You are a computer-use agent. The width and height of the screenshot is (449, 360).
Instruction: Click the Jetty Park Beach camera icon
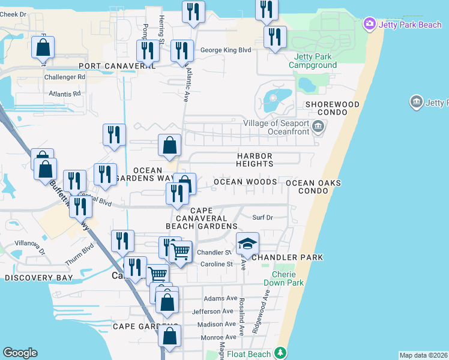369,25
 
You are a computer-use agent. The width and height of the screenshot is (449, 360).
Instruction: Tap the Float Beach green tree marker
279,353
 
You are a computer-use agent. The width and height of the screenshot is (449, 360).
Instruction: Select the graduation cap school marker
247,244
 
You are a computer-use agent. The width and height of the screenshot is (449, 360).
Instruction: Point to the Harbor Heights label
255,160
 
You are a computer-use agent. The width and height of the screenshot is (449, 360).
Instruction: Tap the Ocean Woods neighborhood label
245,182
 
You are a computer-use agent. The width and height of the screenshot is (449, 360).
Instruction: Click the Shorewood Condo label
332,108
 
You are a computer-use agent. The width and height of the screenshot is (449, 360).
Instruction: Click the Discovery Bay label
38,278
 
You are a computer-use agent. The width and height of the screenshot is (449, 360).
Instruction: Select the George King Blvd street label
225,50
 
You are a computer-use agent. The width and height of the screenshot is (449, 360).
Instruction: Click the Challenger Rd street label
65,77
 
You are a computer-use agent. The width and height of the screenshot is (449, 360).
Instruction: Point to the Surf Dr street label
262,218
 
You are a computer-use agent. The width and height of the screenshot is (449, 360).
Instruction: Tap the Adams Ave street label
220,298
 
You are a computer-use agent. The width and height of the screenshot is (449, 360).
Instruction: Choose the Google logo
20,353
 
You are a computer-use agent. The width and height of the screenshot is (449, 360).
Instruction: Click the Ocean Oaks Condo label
313,187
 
